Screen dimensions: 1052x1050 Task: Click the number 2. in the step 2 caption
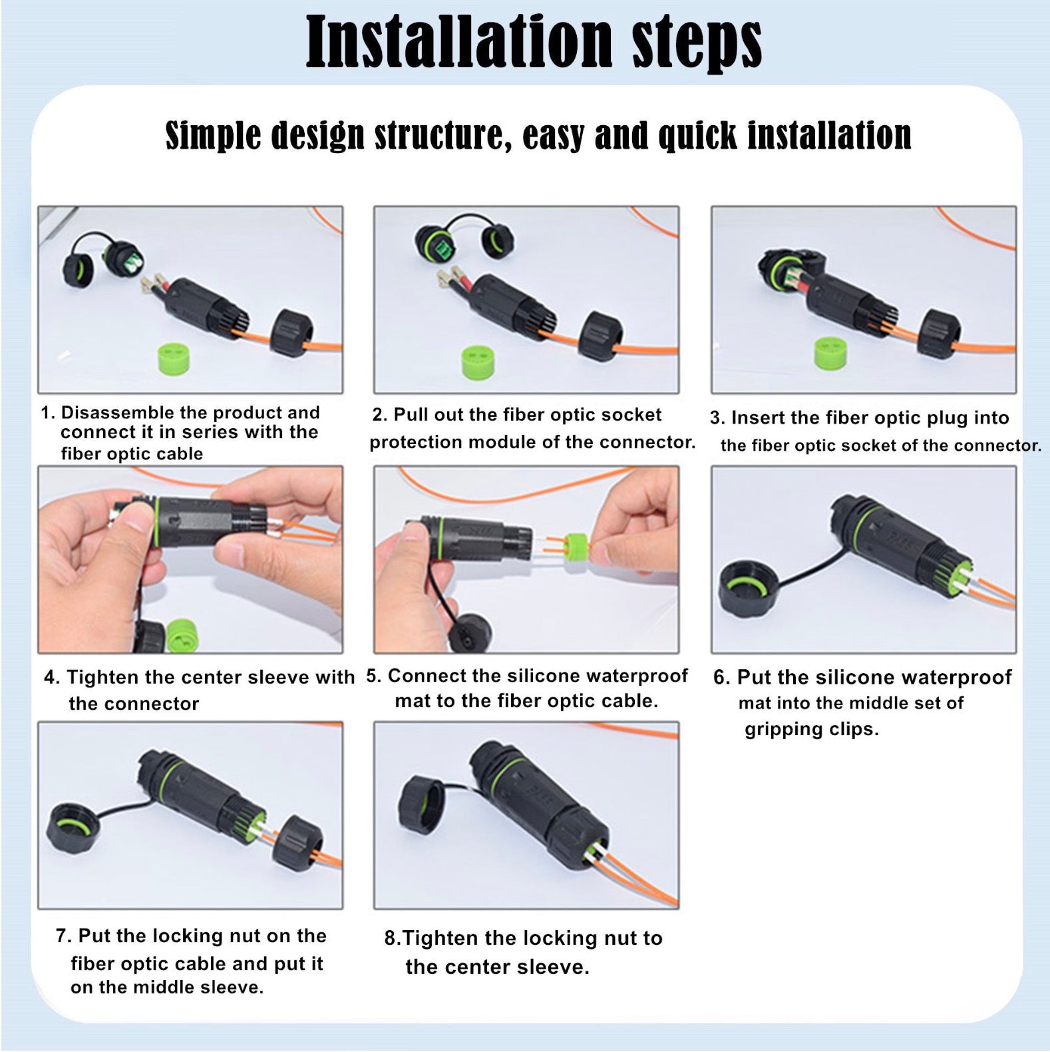coord(379,415)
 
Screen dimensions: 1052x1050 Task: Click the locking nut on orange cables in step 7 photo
coord(297,844)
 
